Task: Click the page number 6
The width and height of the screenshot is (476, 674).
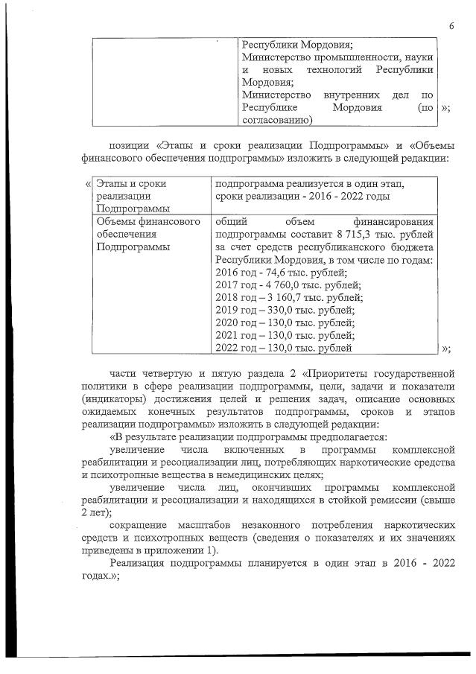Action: [451, 27]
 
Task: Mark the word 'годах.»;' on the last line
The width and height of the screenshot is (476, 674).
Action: [100, 576]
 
